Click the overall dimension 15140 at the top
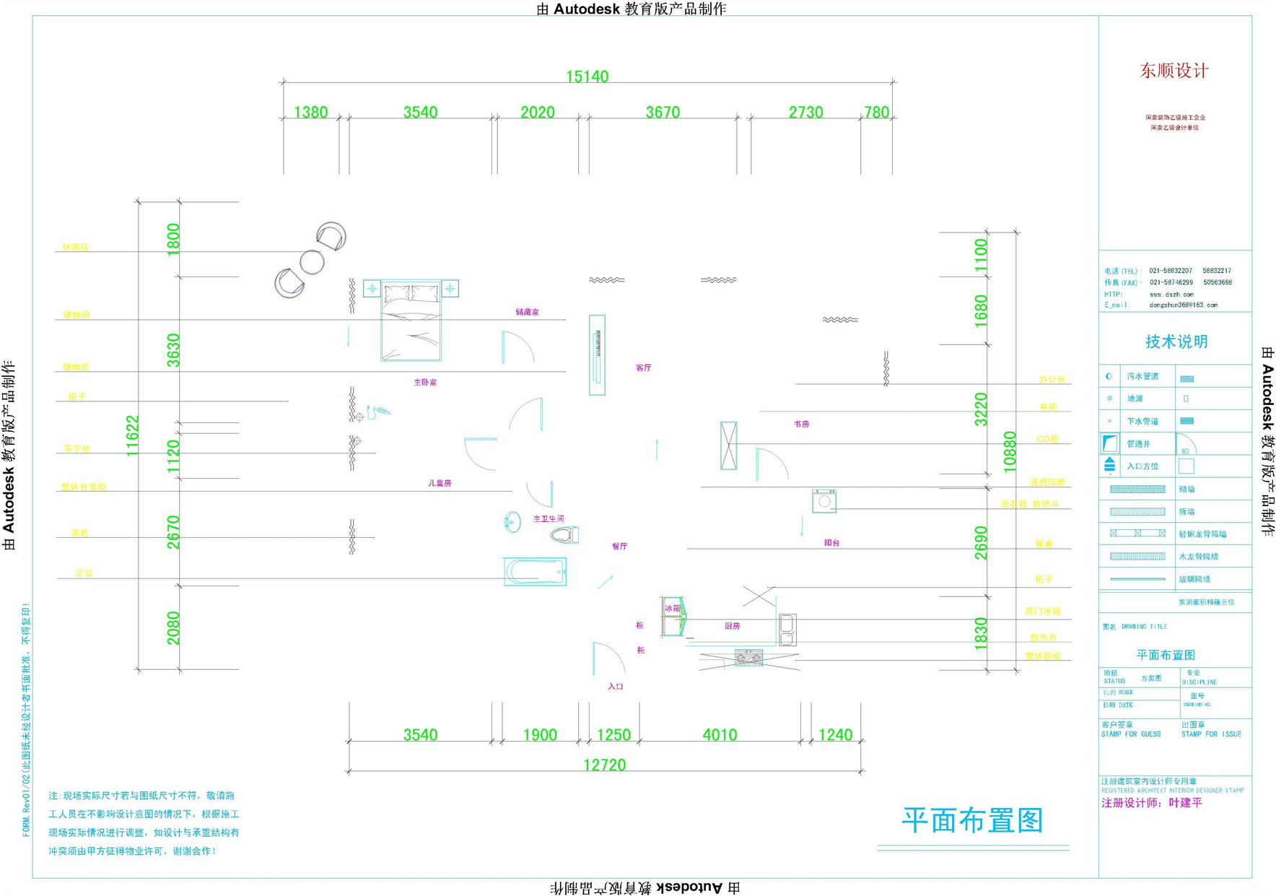pyautogui.click(x=587, y=76)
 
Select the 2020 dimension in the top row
pyautogui.click(x=538, y=112)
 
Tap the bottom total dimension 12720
pyautogui.click(x=604, y=765)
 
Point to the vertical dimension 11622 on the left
pyautogui.click(x=132, y=435)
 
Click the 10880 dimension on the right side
pyautogui.click(x=1010, y=451)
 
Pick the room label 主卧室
pyautogui.click(x=425, y=382)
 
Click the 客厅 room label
pyautogui.click(x=643, y=367)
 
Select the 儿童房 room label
pyautogui.click(x=440, y=483)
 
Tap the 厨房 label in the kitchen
pyautogui.click(x=732, y=626)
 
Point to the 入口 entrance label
pyautogui.click(x=616, y=687)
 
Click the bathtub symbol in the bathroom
pyautogui.click(x=535, y=572)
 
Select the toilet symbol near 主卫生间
pyautogui.click(x=564, y=535)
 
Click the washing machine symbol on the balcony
pyautogui.click(x=824, y=500)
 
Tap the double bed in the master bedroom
pyautogui.click(x=411, y=320)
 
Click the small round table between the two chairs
pyautogui.click(x=312, y=262)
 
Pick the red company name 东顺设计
pyautogui.click(x=1174, y=71)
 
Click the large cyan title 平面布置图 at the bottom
pyautogui.click(x=972, y=820)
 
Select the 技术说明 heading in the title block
pyautogui.click(x=1176, y=342)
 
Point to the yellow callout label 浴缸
pyautogui.click(x=84, y=573)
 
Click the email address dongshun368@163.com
pyautogui.click(x=1183, y=305)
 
